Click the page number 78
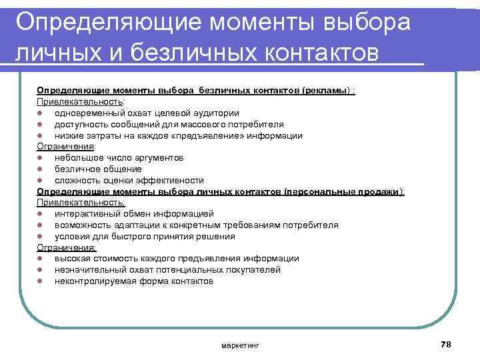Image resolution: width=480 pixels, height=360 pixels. pyautogui.click(x=446, y=343)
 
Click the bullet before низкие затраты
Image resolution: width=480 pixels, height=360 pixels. pyautogui.click(x=40, y=136)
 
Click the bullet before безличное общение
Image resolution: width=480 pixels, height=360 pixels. pyautogui.click(x=40, y=169)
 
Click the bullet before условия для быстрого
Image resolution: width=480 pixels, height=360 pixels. pyautogui.click(x=40, y=237)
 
